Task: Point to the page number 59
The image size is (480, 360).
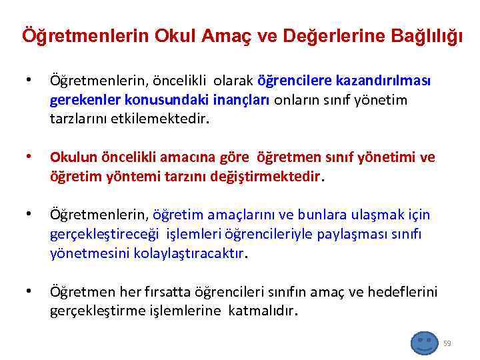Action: [x=447, y=343]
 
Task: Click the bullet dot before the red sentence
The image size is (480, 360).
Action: [x=27, y=158]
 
